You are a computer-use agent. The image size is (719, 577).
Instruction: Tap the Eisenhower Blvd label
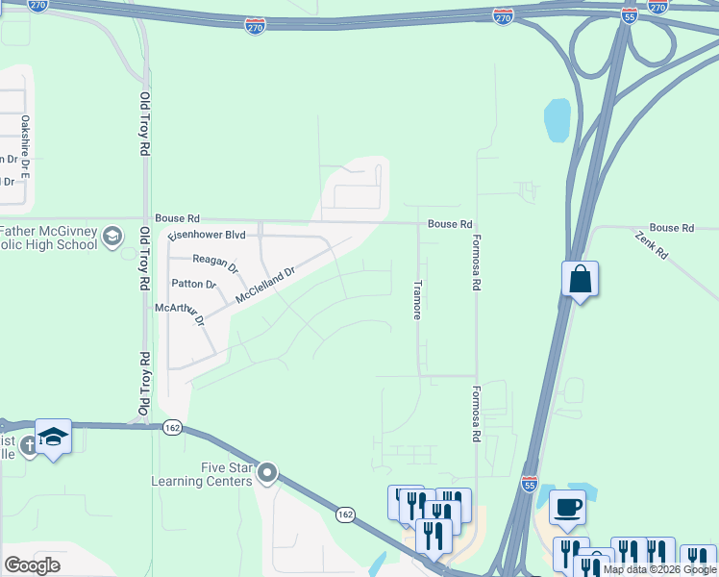207,234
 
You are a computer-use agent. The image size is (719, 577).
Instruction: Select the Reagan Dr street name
214,261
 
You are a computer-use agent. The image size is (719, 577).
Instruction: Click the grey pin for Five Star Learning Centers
267,473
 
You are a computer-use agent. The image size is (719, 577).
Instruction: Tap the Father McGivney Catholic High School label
48,238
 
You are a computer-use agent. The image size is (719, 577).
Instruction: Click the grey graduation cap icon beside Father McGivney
112,237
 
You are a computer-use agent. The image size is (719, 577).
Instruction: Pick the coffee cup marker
567,507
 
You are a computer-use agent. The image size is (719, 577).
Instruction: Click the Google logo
32,565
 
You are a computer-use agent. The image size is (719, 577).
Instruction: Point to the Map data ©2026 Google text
659,569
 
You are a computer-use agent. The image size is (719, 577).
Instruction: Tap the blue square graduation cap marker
53,437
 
